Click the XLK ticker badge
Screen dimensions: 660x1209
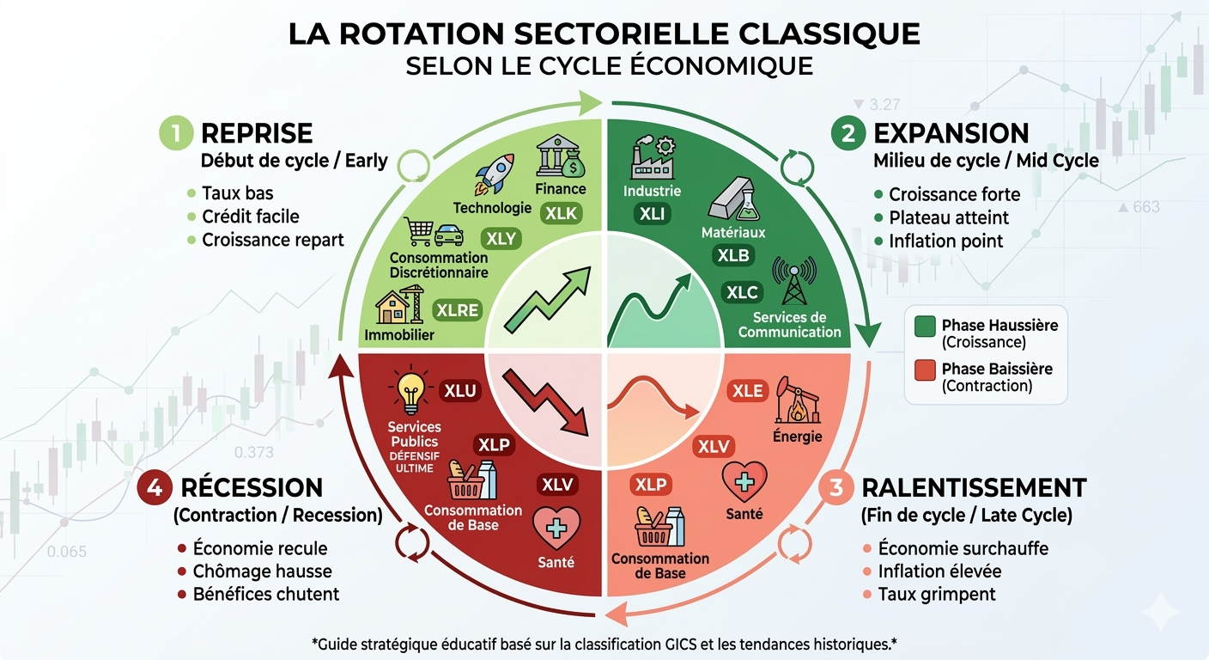tap(562, 213)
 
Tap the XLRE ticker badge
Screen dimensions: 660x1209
tap(457, 310)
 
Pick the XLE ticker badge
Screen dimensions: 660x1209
tap(747, 391)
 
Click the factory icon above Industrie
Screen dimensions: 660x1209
tap(652, 157)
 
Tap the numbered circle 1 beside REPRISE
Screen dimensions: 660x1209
tap(175, 133)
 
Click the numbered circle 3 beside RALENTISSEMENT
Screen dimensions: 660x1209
tap(836, 487)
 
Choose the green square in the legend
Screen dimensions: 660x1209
tap(925, 327)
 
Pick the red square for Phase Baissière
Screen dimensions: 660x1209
tap(925, 370)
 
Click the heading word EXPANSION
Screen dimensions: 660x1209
tap(951, 133)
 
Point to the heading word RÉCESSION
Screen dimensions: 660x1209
tap(252, 487)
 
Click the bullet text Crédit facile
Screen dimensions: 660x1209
tap(250, 217)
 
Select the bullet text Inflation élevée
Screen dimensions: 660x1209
tap(939, 571)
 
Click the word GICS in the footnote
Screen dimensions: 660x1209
tap(653, 643)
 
